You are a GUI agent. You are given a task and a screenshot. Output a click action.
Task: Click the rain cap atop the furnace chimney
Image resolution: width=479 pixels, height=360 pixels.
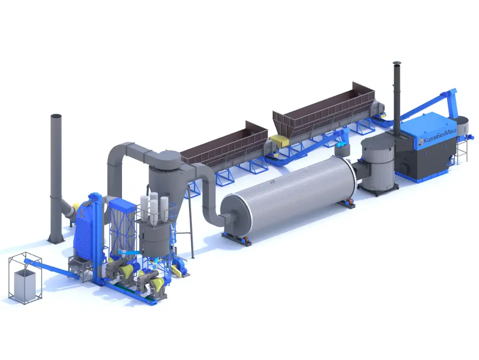click(396, 63)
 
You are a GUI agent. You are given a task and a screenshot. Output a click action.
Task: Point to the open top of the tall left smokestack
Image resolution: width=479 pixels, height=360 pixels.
click(56, 116)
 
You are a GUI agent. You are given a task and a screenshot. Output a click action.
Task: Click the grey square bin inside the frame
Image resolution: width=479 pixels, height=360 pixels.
click(25, 285)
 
